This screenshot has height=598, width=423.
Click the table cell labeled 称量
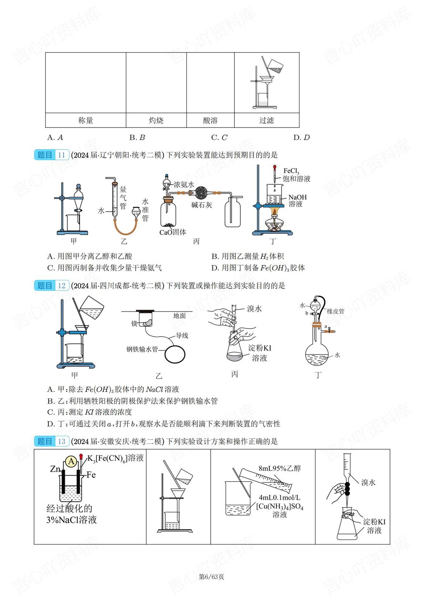[x=86, y=120]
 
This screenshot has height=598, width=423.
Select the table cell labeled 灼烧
[x=156, y=120]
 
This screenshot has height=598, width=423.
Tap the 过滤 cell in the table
[x=267, y=120]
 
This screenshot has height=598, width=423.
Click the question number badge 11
[x=61, y=155]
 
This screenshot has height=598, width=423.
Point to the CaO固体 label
[x=173, y=232]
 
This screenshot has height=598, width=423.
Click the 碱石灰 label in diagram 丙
[x=201, y=205]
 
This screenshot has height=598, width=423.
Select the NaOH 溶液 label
[x=297, y=201]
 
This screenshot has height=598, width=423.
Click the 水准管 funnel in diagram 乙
[x=136, y=211]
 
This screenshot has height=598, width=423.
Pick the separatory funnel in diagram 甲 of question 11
[x=78, y=199]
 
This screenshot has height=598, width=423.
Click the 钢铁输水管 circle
[x=175, y=354]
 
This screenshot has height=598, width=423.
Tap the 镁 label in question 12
[x=134, y=323]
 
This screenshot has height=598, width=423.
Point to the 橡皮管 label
[x=335, y=311]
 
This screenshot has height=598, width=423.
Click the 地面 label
[x=179, y=316]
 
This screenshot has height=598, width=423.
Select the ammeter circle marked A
[x=71, y=462]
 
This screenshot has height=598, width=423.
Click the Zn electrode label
[x=55, y=469]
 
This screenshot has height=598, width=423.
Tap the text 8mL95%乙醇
[x=279, y=469]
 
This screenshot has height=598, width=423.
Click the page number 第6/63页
[x=211, y=577]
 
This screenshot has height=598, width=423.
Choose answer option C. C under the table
[x=219, y=138]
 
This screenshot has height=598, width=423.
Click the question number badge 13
[x=61, y=441]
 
